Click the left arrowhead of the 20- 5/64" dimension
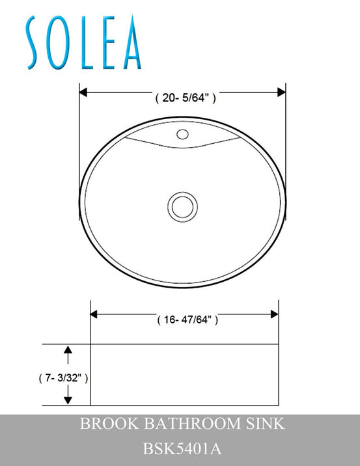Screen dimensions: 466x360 84,92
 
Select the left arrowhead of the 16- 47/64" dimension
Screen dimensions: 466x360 94,314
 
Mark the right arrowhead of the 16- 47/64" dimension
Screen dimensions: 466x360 274,314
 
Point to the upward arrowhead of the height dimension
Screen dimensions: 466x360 68,352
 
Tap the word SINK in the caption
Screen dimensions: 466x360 264,425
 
